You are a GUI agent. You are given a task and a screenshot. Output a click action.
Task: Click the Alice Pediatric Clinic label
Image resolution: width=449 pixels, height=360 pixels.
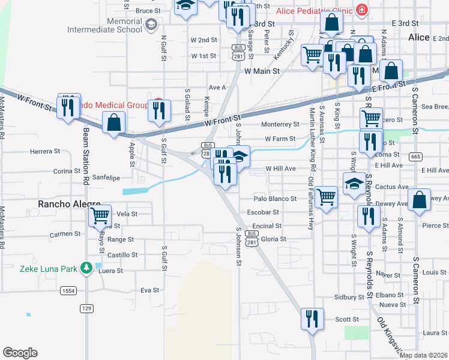coord(315,10)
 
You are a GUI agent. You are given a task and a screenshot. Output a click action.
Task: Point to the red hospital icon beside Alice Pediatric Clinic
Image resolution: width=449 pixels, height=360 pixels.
coord(362,10)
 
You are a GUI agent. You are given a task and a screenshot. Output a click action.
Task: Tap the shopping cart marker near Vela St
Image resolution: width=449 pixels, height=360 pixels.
coord(100,215)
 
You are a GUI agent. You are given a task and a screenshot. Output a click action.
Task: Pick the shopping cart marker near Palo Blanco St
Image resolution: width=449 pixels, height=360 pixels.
coord(326,196)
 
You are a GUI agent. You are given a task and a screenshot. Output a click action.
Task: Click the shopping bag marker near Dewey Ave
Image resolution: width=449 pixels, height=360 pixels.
coord(420,200)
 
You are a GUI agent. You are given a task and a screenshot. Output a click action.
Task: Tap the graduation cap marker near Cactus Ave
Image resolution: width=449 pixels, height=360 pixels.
coord(354,183)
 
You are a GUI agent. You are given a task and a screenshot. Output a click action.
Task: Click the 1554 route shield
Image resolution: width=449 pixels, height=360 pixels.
coord(68,290)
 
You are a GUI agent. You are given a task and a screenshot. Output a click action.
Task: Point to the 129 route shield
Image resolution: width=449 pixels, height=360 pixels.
coord(86,308)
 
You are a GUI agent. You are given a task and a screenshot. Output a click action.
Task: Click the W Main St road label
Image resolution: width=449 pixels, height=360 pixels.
coord(263,71)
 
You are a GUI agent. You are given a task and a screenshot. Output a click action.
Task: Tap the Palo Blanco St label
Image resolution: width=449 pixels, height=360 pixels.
coord(276,198)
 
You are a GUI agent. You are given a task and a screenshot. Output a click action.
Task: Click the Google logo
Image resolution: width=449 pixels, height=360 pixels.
coord(20,352)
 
